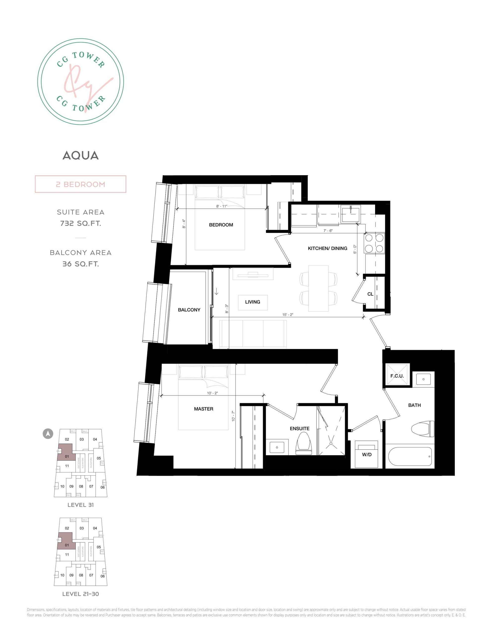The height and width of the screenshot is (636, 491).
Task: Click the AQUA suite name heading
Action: click(x=81, y=156)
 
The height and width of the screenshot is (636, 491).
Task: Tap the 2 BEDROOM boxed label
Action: click(x=81, y=184)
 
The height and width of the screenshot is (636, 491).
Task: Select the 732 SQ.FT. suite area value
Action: click(x=81, y=223)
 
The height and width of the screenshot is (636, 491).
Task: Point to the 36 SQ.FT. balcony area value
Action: click(x=81, y=264)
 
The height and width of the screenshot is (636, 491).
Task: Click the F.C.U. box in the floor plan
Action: click(x=397, y=376)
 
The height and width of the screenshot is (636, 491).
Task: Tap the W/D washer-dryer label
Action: click(x=366, y=455)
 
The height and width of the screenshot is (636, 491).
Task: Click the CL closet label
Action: click(x=370, y=294)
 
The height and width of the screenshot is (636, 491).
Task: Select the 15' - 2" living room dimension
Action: click(x=287, y=315)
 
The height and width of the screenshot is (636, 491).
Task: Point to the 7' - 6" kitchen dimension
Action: click(x=328, y=231)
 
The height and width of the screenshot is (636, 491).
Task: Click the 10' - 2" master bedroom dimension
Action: click(x=212, y=393)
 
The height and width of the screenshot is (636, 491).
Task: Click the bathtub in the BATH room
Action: click(x=410, y=456)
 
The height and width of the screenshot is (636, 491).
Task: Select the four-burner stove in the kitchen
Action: click(x=374, y=243)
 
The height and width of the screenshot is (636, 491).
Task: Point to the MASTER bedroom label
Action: click(x=204, y=409)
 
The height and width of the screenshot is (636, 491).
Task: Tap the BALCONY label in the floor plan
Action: click(x=189, y=310)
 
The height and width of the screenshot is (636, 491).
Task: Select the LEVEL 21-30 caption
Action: click(x=81, y=594)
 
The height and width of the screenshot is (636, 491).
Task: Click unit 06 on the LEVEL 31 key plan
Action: click(x=103, y=487)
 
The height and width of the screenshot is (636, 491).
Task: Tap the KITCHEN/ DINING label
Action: click(x=327, y=248)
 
